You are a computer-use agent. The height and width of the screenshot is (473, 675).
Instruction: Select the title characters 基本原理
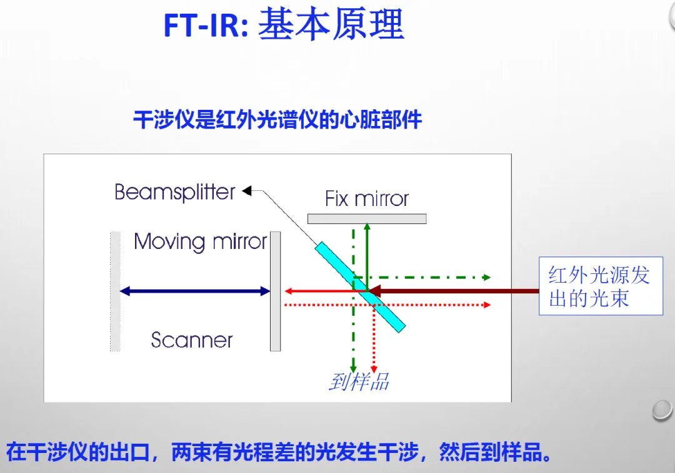coord(331,25)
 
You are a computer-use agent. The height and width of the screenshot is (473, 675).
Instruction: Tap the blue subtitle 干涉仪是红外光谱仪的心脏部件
coord(277,119)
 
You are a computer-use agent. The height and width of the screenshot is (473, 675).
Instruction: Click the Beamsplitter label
coord(175,192)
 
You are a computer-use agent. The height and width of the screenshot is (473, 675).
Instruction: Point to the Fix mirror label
coord(367,199)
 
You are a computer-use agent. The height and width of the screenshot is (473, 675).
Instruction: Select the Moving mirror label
coord(200,241)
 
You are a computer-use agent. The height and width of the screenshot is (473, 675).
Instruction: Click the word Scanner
coord(192,340)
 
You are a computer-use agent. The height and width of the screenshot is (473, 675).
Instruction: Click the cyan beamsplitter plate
coord(360,286)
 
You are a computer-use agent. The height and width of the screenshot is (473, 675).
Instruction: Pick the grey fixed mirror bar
coord(367,218)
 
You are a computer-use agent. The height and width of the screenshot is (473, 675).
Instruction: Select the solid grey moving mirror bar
coord(275,291)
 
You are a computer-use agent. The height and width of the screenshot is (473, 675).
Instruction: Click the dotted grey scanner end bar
coord(115,291)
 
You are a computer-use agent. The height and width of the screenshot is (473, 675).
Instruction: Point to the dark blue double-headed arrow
coord(194,291)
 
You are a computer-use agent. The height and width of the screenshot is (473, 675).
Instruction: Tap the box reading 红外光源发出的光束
coord(600,286)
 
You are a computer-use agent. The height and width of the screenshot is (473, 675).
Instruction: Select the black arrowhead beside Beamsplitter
coord(247,191)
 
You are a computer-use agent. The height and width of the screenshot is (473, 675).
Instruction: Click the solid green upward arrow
coord(367,250)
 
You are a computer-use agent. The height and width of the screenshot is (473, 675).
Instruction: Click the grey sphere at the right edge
coord(662,409)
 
